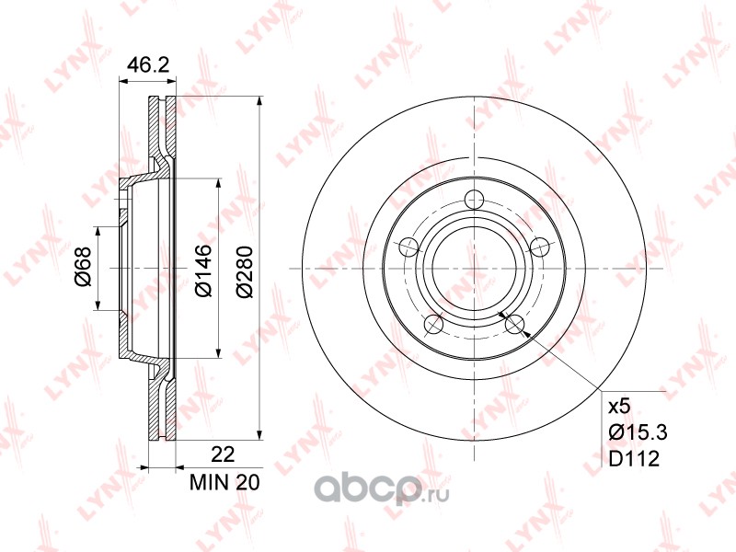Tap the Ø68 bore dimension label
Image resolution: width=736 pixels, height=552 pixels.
pyautogui.click(x=83, y=268)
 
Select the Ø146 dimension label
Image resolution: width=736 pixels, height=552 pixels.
pyautogui.click(x=204, y=270)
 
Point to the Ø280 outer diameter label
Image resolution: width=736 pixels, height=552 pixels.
pyautogui.click(x=245, y=271)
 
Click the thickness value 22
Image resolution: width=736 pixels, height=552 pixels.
pyautogui.click(x=223, y=454)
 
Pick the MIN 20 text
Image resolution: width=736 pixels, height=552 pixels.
pyautogui.click(x=224, y=482)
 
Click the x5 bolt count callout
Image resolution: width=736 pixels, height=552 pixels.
pyautogui.click(x=618, y=407)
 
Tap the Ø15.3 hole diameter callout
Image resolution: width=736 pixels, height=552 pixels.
pyautogui.click(x=638, y=431)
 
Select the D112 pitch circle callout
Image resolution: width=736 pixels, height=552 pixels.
pyautogui.click(x=634, y=458)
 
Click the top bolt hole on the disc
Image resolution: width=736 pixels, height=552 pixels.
pyautogui.click(x=474, y=200)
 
